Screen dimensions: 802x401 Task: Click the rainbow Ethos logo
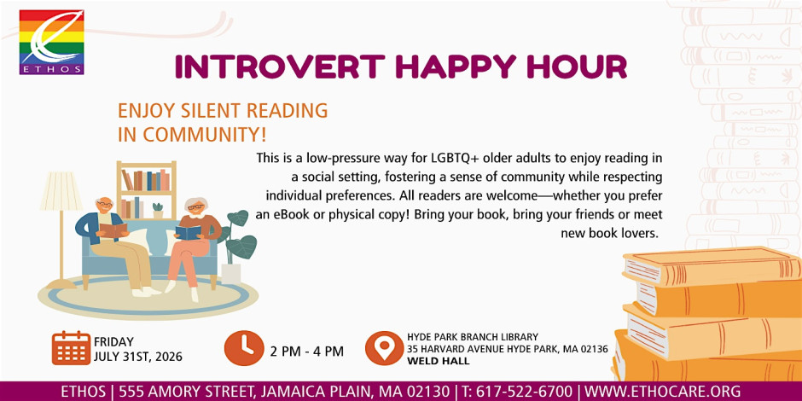click(51, 43)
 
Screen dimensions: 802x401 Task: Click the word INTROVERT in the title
click(280, 67)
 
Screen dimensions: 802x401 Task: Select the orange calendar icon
click(71, 348)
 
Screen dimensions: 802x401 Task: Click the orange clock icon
click(244, 348)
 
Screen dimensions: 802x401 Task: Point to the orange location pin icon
click(384, 348)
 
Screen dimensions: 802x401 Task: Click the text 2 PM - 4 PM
click(307, 352)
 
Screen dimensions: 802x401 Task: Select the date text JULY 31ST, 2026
click(137, 357)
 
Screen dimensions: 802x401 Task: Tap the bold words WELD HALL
click(439, 361)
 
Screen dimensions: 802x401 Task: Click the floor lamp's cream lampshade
click(61, 191)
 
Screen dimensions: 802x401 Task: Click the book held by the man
click(113, 230)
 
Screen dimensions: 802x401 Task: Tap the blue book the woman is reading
click(189, 233)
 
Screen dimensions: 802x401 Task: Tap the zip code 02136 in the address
click(594, 349)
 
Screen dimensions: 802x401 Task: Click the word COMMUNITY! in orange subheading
click(205, 135)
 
